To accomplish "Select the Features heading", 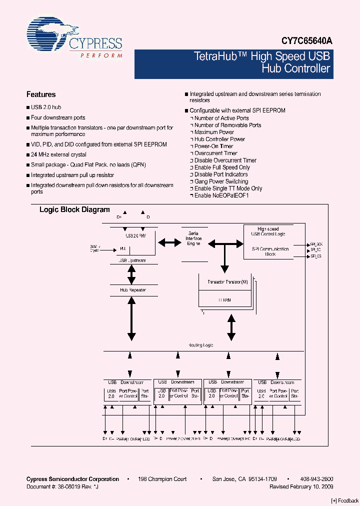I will (41, 94).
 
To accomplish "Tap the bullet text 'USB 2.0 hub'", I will (46, 107).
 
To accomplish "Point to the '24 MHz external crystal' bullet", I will (58, 154).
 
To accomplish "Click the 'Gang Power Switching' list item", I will (221, 181).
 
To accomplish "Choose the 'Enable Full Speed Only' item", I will (222, 167).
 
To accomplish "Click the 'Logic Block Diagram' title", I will (74, 210).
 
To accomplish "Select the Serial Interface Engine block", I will (194, 238).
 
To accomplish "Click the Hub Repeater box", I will (132, 290).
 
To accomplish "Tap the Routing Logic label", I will (200, 345).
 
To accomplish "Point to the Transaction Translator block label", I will (227, 282).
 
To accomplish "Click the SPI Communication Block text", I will (270, 251).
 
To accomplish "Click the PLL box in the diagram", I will (123, 248).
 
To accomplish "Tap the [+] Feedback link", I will (345, 500).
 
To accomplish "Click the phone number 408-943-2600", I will (316, 479).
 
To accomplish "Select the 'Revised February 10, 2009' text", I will (301, 486).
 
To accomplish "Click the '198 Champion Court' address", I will (162, 479).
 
